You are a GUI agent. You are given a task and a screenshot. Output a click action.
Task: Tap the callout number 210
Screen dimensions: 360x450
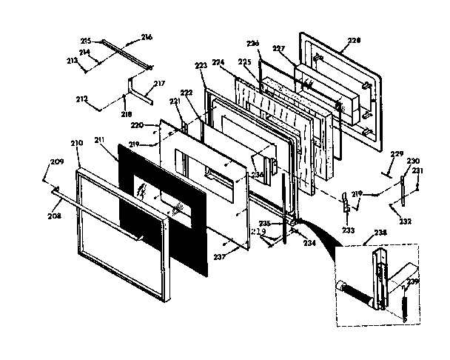point(77,141)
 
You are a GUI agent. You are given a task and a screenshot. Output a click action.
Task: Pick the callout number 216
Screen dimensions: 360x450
point(147,36)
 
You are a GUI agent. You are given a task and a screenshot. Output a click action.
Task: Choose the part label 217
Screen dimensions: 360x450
point(159,84)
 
